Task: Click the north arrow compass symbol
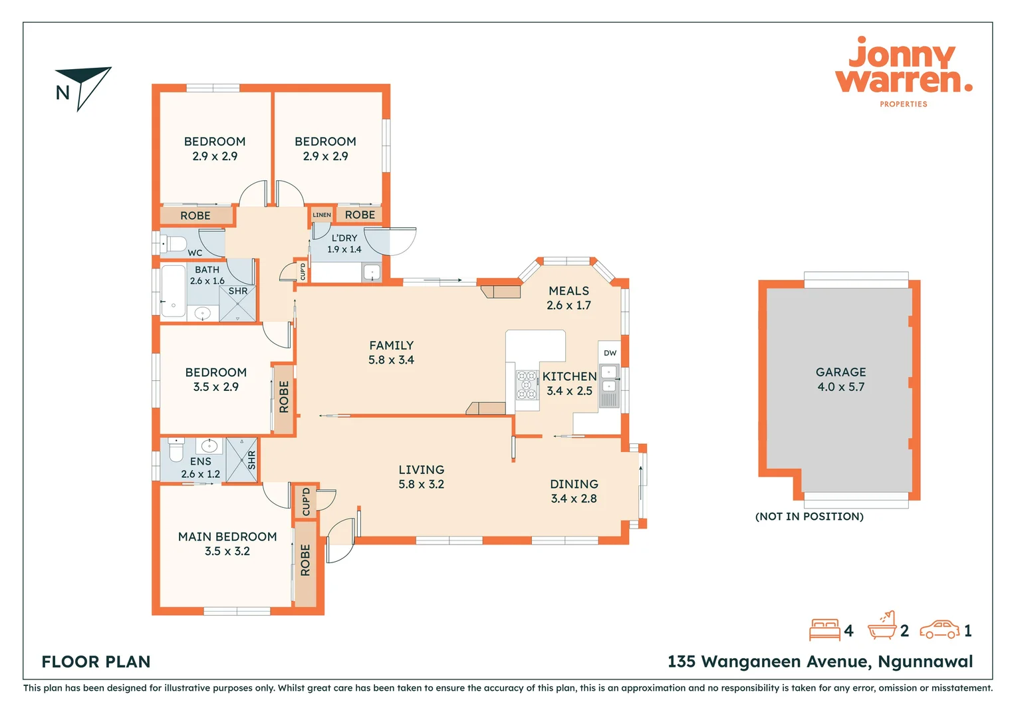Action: point(84,87)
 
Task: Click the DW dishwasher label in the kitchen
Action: point(610,353)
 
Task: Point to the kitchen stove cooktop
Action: point(527,385)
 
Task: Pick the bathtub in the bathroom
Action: point(173,291)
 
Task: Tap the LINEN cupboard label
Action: point(322,215)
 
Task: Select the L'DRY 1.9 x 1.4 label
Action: point(344,243)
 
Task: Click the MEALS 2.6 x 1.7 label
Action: point(569,298)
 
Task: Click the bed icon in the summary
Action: point(825,630)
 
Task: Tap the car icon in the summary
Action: point(940,630)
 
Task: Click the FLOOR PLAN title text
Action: point(96,661)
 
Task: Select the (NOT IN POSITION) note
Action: point(809,517)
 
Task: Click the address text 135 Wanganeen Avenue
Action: point(820,661)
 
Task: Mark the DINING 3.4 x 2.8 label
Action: point(574,491)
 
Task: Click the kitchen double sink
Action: point(609,378)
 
